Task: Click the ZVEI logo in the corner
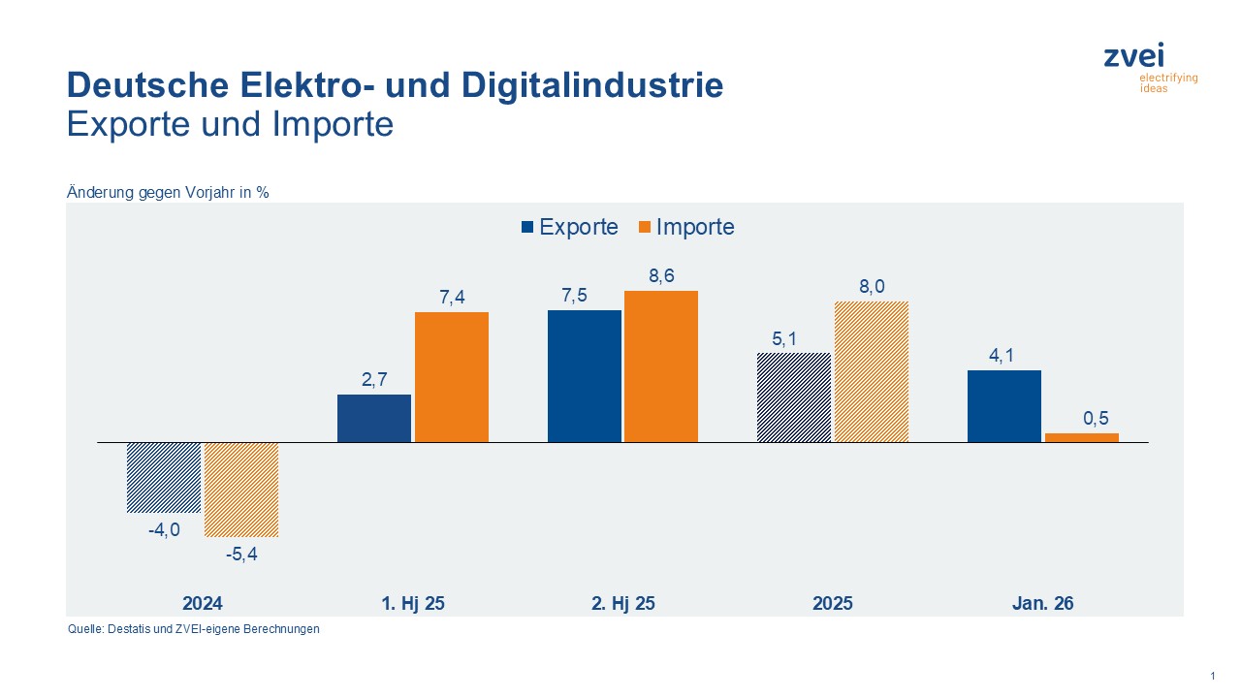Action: click(1149, 67)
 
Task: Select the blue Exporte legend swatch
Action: click(527, 227)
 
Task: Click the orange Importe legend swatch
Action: click(645, 227)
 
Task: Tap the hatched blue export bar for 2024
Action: click(164, 477)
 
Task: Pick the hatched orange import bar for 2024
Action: click(241, 490)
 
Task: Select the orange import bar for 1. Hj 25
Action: click(452, 377)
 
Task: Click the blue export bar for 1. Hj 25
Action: click(374, 418)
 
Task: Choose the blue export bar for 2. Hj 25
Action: click(585, 376)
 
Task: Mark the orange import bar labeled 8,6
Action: click(661, 366)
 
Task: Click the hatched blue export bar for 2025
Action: click(794, 397)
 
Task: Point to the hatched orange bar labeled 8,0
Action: click(872, 372)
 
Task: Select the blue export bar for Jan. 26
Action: click(1004, 406)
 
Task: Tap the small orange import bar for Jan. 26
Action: click(1082, 437)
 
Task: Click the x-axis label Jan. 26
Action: click(1042, 603)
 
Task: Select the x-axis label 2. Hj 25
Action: click(622, 603)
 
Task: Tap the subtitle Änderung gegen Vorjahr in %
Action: click(168, 192)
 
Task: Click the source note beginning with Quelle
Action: click(193, 629)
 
